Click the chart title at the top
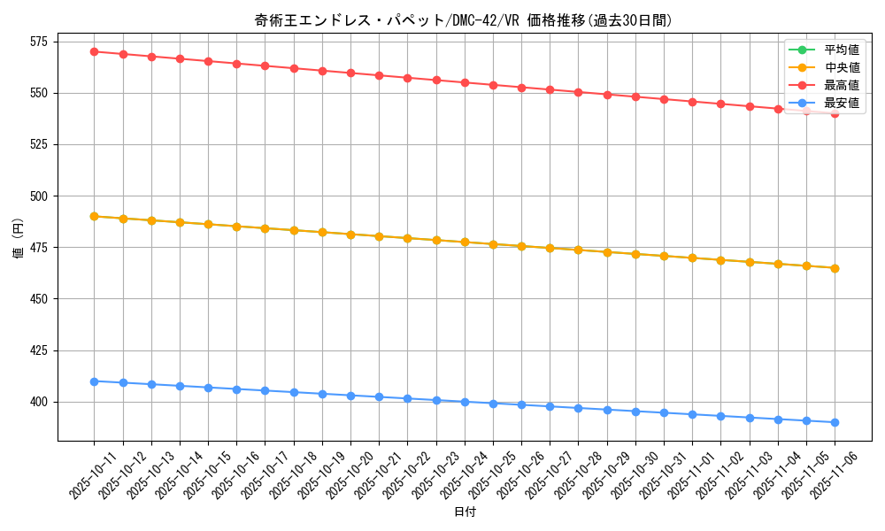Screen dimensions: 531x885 pyautogui.click(x=463, y=20)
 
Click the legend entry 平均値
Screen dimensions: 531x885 pyautogui.click(x=842, y=50)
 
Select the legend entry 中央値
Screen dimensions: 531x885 pyautogui.click(x=842, y=67)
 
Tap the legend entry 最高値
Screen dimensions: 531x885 pyautogui.click(x=842, y=85)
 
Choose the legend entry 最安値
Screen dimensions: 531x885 pyautogui.click(x=842, y=103)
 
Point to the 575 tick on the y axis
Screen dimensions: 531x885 pyautogui.click(x=41, y=42)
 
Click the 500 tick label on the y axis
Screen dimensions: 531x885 pyautogui.click(x=41, y=196)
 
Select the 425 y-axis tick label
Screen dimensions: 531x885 pyautogui.click(x=41, y=350)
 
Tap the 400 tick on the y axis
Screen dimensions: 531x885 pyautogui.click(x=41, y=402)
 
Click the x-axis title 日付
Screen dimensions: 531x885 pyautogui.click(x=465, y=512)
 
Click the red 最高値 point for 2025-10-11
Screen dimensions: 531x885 pyautogui.click(x=94, y=51)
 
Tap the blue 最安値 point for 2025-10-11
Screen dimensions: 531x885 pyautogui.click(x=94, y=381)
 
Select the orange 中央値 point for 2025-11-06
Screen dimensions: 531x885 pyautogui.click(x=835, y=268)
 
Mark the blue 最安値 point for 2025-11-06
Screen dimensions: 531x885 pyautogui.click(x=835, y=422)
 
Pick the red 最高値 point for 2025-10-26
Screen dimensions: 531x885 pyautogui.click(x=521, y=88)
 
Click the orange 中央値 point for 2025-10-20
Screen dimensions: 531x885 pyautogui.click(x=350, y=235)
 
